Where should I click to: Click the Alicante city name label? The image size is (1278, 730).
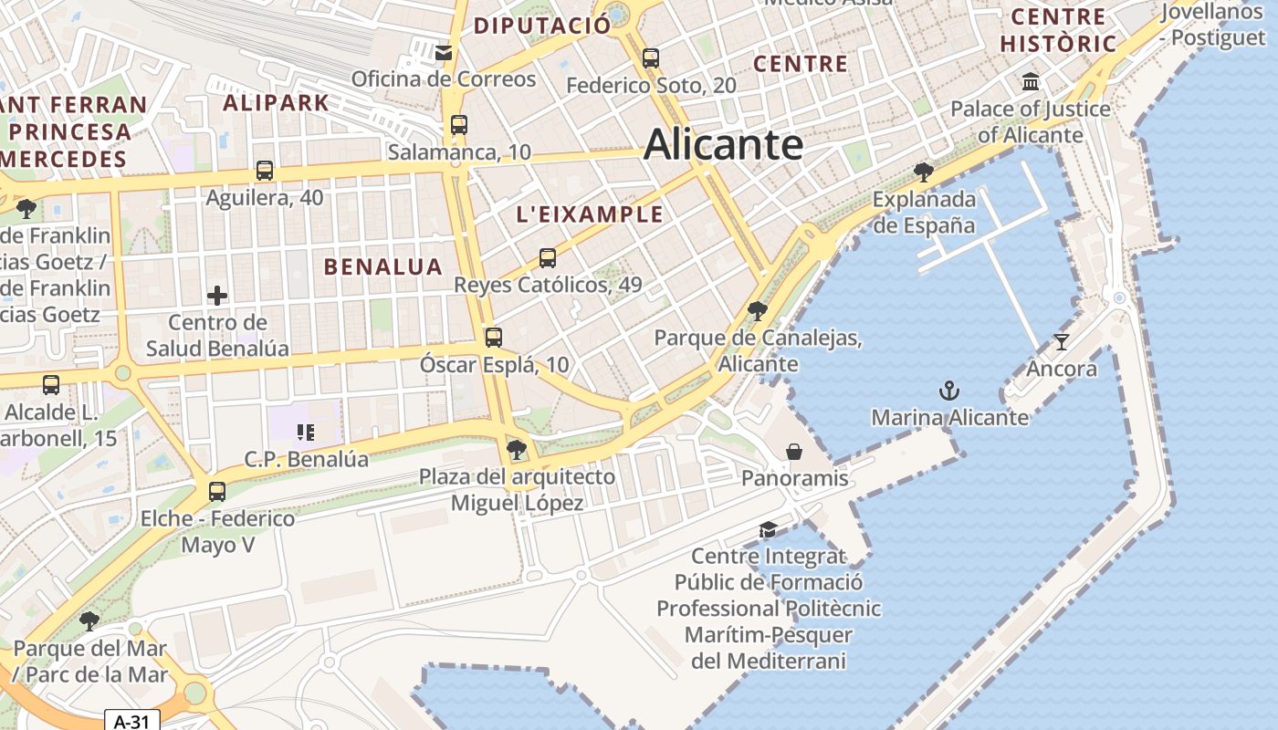pos(723,145)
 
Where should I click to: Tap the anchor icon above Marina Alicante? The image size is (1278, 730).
pos(949,391)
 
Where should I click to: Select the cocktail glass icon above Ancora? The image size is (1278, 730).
pos(1061,342)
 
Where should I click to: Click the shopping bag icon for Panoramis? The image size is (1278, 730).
pos(794,452)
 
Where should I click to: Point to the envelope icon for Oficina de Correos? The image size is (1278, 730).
pos(444,53)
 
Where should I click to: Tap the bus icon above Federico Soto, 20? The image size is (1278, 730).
pos(650,58)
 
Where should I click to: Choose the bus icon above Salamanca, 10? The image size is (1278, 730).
pos(459,125)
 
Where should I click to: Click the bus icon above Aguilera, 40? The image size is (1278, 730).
pos(265,171)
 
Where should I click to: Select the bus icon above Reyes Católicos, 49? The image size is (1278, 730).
pos(548,258)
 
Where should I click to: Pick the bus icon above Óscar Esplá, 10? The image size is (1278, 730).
pos(494,338)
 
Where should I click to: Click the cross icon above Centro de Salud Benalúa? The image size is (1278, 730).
pos(217,295)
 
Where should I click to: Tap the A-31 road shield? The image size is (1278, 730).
pos(131,721)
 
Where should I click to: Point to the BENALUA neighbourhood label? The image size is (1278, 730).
pos(383,266)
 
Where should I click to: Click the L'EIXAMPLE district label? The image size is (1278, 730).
pos(590,214)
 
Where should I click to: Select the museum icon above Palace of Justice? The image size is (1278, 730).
pos(1031,82)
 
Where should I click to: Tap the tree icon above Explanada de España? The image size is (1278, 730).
pos(924,172)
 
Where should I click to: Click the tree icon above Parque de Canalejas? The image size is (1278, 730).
pos(757,310)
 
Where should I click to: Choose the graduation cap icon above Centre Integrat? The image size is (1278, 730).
pos(768,530)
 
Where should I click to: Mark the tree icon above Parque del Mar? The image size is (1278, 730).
pos(89,621)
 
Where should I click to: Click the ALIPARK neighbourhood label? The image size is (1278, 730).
pos(276,102)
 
